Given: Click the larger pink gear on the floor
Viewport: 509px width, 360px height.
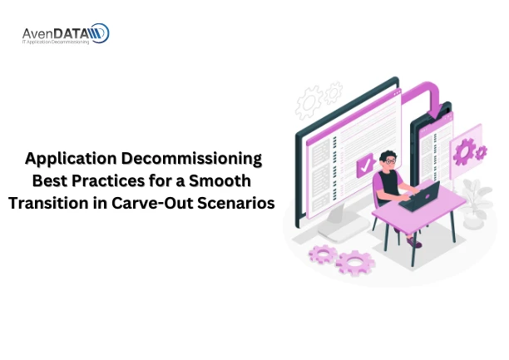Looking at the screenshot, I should [356, 263].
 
